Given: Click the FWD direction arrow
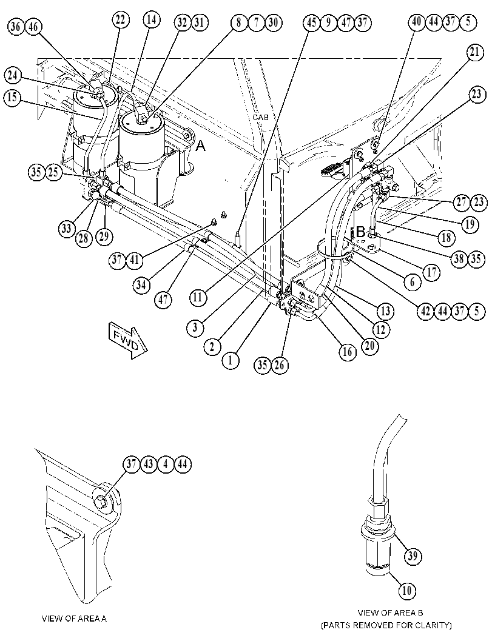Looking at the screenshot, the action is pos(127,340).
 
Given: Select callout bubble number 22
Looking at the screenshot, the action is pos(121,20).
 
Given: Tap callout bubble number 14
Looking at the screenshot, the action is pos(152,20).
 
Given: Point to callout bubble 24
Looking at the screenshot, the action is pos(13,75).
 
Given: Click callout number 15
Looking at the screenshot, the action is pos(13,98).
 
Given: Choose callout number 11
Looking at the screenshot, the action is pos(198,297).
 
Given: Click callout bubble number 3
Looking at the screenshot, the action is pos(195,327).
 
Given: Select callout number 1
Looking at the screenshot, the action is pos(231,360).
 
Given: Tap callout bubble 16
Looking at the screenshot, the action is pos(347,352).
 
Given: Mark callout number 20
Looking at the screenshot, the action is pos(369,346).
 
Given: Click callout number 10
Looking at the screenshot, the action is pos(407,590).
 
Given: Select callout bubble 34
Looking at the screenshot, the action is pos(141,285).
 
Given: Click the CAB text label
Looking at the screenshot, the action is pos(260,117).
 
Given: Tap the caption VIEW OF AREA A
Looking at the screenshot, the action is pos(74,619).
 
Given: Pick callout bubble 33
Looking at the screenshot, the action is pos(67,229).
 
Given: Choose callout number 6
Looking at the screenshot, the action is pos(412,281).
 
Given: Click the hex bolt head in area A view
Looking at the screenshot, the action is pos(101,499).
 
